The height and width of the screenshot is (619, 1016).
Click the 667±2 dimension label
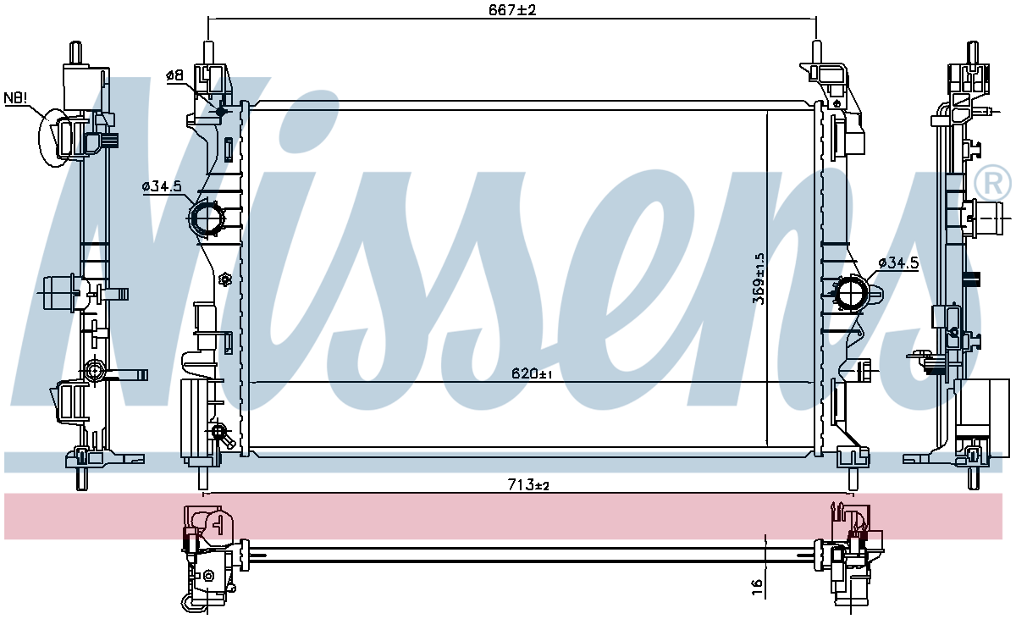[512, 10]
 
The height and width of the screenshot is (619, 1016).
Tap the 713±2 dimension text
[528, 485]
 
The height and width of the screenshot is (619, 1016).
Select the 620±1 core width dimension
[532, 373]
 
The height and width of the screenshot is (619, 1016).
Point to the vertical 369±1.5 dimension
[759, 279]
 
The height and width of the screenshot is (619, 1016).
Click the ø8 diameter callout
[174, 75]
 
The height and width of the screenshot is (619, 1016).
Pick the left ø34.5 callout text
[162, 186]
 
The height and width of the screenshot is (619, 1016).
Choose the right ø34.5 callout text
[898, 263]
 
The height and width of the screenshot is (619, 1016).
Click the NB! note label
[15, 97]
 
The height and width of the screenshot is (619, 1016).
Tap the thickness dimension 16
[757, 588]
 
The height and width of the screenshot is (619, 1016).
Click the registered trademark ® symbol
[993, 183]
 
